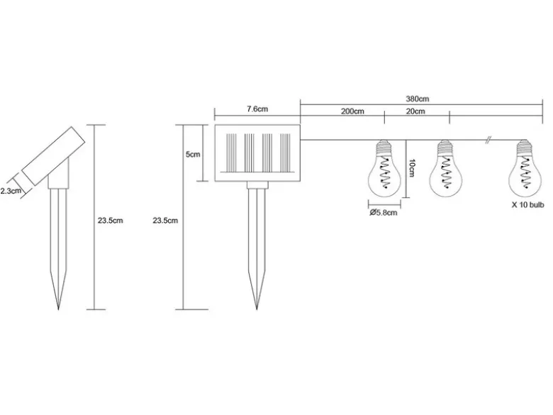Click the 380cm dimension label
417,99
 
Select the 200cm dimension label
352,111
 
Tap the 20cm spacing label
415,111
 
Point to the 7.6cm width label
257,109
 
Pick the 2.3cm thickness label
11,191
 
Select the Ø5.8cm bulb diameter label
384,212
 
